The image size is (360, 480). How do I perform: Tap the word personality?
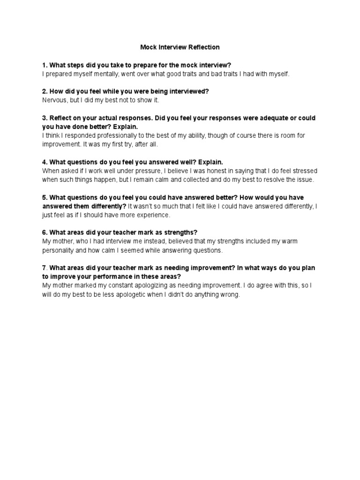coord(60,250)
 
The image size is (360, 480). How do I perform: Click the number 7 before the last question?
coord(44,268)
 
